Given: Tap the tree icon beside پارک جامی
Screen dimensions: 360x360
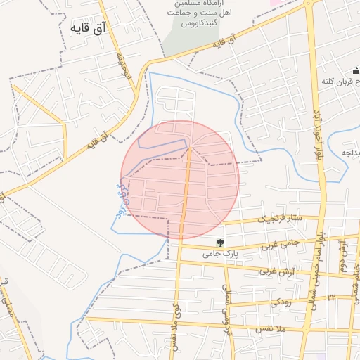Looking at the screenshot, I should tap(221, 243).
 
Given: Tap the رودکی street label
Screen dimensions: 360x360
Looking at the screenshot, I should tap(281, 303).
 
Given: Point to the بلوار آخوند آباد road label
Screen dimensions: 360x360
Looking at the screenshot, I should tap(319, 134).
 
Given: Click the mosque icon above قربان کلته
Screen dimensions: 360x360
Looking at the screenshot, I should tap(356, 71).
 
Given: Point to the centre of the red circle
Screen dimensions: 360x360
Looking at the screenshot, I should tap(180, 179).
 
